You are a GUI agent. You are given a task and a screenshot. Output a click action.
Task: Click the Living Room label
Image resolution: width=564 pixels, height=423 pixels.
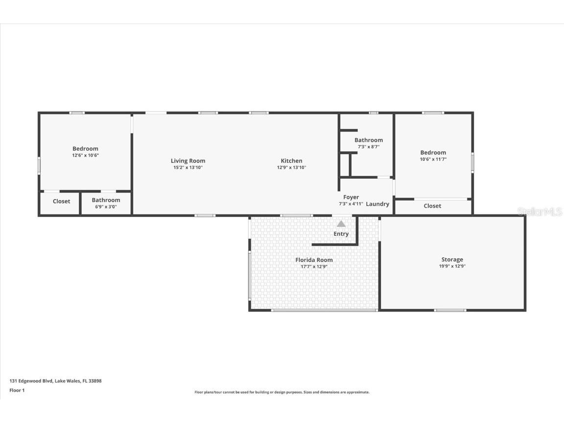pyautogui.click(x=188, y=161)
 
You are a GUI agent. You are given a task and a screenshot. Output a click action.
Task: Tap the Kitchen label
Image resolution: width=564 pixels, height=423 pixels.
pyautogui.click(x=291, y=161)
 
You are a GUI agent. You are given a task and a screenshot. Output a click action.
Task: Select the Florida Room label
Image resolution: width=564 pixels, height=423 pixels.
pyautogui.click(x=314, y=260)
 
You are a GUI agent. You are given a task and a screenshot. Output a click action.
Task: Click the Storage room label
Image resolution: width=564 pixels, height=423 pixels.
pyautogui.click(x=452, y=259)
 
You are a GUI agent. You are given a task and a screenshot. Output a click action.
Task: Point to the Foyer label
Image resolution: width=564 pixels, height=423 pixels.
pyautogui.click(x=351, y=197)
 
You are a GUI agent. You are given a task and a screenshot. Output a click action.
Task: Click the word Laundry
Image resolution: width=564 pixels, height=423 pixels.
pyautogui.click(x=377, y=204)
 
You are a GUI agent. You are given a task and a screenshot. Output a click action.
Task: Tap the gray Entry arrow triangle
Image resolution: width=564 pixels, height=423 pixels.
pyautogui.click(x=341, y=224)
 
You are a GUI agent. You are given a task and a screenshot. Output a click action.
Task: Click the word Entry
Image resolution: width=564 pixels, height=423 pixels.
pyautogui.click(x=341, y=234)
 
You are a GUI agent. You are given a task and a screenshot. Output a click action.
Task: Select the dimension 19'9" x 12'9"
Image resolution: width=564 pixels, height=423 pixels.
pyautogui.click(x=452, y=266)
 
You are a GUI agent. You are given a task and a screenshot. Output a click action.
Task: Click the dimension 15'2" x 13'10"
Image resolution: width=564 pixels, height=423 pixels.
pyautogui.click(x=188, y=167)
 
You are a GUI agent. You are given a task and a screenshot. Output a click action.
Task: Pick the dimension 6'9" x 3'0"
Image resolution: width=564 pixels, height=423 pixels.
pyautogui.click(x=106, y=207)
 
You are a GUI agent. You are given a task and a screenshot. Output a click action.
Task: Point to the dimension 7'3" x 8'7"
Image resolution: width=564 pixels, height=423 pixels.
pyautogui.click(x=369, y=147)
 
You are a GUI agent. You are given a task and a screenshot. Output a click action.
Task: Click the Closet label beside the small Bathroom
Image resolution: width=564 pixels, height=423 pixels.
pyautogui.click(x=61, y=201)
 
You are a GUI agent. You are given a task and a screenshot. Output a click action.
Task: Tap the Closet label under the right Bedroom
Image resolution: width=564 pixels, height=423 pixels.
pyautogui.click(x=432, y=206)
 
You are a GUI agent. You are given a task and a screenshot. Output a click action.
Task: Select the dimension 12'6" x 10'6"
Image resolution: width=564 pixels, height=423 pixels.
pyautogui.click(x=85, y=155)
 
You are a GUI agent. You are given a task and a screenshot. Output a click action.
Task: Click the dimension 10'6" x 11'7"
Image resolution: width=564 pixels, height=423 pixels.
pyautogui.click(x=433, y=159)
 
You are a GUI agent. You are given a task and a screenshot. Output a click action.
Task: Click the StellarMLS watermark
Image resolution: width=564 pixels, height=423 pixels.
pyautogui.click(x=540, y=211)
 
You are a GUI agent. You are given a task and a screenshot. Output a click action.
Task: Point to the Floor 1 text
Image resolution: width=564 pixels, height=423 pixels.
pyautogui.click(x=17, y=390)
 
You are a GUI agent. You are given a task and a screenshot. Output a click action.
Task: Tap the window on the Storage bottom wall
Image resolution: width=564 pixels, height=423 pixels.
pyautogui.click(x=450, y=310)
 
